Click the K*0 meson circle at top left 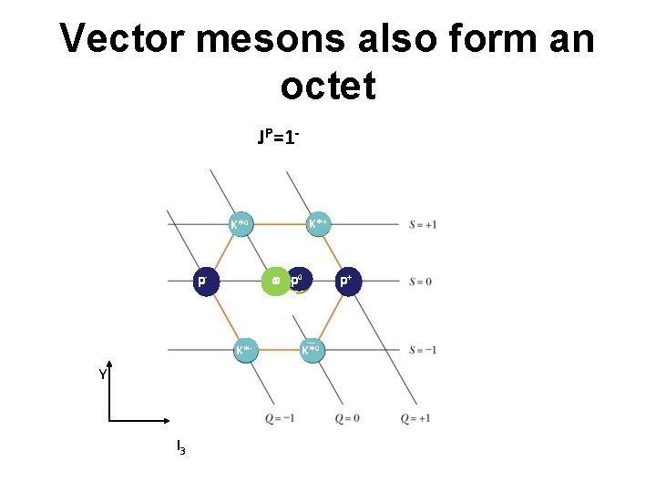click(x=241, y=223)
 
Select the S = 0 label click(x=420, y=282)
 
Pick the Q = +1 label click(x=415, y=418)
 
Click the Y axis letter click(x=104, y=374)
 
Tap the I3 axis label click(x=181, y=447)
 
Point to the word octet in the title click(x=328, y=87)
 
